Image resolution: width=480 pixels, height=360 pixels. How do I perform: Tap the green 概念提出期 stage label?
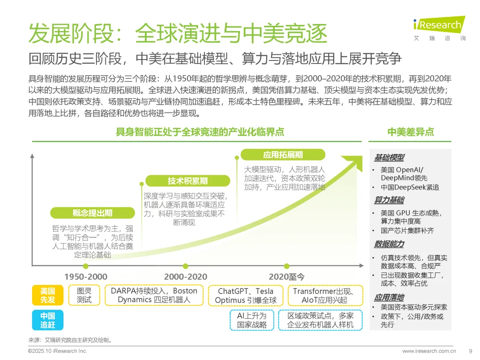(x=92, y=212)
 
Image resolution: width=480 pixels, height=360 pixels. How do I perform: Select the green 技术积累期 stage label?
(x=188, y=180)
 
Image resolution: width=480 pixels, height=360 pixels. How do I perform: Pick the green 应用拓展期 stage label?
(x=283, y=155)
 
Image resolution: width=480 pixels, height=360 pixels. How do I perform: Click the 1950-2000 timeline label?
(x=86, y=276)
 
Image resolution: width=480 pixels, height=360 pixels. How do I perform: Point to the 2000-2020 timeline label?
(x=185, y=276)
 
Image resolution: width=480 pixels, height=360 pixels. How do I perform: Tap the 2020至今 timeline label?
(x=287, y=276)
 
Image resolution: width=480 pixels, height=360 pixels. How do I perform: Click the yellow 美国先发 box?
(x=48, y=296)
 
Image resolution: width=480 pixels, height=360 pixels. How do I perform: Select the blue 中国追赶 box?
(x=48, y=320)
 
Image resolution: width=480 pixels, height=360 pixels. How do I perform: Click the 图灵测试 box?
(x=84, y=296)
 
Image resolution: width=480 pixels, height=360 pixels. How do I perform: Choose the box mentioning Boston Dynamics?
(x=154, y=296)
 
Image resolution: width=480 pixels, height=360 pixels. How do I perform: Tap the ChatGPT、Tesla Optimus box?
(x=245, y=296)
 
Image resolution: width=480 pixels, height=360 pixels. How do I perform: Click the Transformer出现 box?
(x=323, y=296)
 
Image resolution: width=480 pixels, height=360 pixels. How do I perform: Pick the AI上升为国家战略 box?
(x=252, y=320)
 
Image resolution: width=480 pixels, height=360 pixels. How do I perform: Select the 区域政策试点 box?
(x=320, y=320)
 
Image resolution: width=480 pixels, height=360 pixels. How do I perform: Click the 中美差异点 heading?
(x=410, y=132)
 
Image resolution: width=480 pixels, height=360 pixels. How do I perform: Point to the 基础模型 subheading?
(x=389, y=157)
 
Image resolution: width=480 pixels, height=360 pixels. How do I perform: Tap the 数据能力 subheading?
(x=389, y=244)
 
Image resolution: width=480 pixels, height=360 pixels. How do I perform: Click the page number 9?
(x=470, y=351)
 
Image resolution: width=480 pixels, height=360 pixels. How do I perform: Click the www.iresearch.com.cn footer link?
(x=429, y=351)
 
